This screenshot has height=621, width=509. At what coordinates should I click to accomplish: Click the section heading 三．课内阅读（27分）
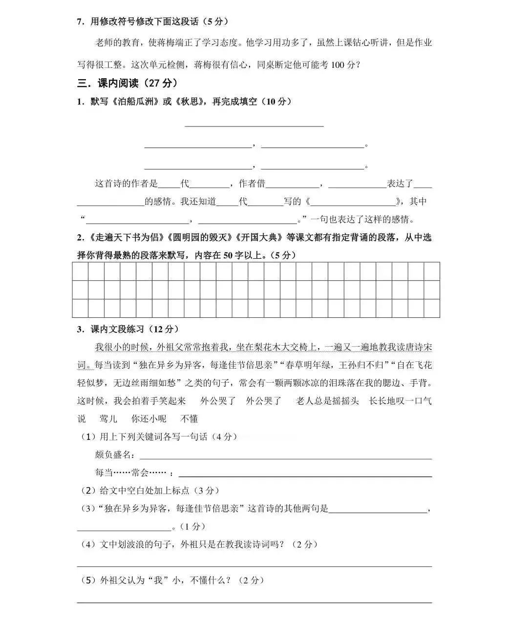[x=127, y=83]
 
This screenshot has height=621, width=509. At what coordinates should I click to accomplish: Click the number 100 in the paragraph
[x=338, y=65]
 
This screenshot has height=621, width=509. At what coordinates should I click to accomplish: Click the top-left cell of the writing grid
[x=80, y=271]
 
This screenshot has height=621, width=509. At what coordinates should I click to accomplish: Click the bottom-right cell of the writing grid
[x=432, y=308]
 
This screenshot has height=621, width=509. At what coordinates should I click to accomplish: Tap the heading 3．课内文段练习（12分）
[x=127, y=329]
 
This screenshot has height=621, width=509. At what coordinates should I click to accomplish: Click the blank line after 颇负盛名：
[x=286, y=458]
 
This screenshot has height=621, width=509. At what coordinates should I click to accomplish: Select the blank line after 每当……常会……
[x=305, y=476]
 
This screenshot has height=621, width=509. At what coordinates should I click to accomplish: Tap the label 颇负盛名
[x=113, y=455]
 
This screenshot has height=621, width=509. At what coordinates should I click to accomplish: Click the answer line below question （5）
[x=254, y=601]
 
